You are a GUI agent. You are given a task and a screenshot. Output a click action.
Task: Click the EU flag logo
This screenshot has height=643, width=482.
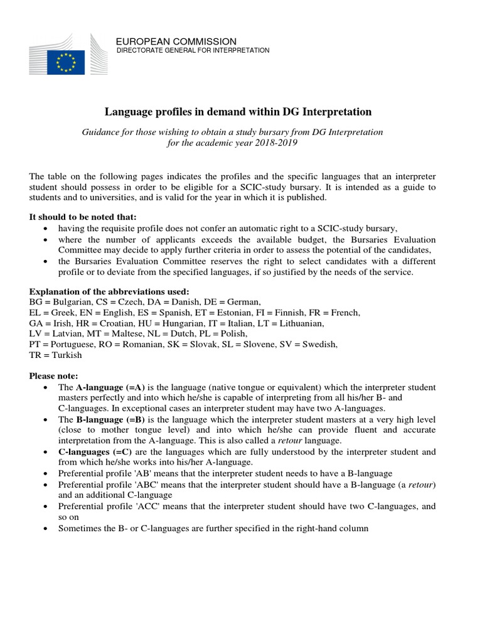coord(66,62)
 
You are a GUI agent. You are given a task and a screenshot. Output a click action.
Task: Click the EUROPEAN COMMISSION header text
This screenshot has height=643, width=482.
coord(176,41)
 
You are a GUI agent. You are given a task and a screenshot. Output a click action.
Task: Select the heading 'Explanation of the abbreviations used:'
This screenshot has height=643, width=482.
coord(109,291)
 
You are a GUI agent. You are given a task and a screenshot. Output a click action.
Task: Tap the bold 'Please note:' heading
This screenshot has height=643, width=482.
coord(54,376)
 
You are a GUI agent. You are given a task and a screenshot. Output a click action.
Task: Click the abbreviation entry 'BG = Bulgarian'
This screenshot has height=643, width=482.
coord(59,302)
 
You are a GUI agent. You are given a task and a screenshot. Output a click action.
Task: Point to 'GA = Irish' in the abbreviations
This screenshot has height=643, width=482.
coord(51,323)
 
